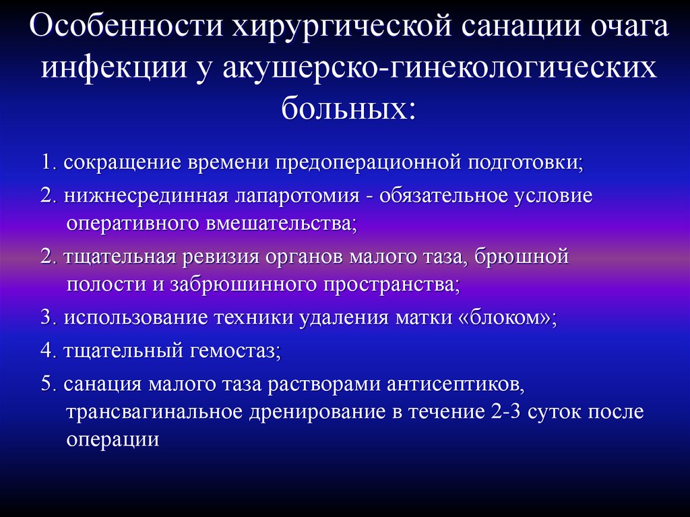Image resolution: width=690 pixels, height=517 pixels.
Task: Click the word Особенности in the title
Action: coord(127,26)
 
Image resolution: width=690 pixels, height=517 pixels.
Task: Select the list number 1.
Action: coord(49,162)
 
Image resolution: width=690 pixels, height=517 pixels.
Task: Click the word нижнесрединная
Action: coord(146,195)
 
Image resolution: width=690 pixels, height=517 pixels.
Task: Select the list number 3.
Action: coord(48,317)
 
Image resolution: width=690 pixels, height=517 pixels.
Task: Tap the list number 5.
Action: coord(48,384)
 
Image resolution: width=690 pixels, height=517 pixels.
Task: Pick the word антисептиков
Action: coord(455,384)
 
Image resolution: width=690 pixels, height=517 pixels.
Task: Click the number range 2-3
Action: coord(504,412)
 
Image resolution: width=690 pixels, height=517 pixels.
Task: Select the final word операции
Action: coord(113,440)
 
